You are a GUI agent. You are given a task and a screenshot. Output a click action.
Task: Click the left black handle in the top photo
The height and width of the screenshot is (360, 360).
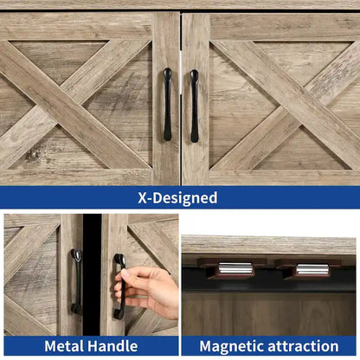pyautogui.click(x=168, y=105)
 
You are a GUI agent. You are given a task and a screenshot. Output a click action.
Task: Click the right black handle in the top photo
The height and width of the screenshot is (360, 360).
pyautogui.click(x=195, y=106)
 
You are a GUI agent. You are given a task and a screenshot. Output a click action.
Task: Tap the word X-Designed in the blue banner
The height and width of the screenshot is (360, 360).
pyautogui.click(x=177, y=198)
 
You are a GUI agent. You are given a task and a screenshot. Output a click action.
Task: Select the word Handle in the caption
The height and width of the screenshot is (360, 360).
pyautogui.click(x=112, y=346)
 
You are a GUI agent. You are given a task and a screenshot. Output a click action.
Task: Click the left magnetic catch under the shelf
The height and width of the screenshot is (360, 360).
pyautogui.click(x=231, y=268)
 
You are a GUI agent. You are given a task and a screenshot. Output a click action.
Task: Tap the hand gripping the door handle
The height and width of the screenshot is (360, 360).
pyautogui.click(x=147, y=292)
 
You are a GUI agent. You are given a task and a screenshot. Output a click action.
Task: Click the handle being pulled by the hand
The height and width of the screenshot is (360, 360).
pyautogui.click(x=119, y=286)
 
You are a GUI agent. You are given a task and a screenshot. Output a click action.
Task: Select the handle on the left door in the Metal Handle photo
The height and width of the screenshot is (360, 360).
pyautogui.click(x=76, y=281)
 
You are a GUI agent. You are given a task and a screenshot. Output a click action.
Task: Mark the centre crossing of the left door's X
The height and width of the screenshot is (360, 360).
pyautogui.click(x=70, y=105)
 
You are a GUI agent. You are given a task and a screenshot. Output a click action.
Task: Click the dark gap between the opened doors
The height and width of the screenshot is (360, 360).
pyautogui.click(x=92, y=274)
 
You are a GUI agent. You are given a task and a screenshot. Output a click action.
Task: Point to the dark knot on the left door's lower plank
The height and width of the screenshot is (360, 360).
pyautogui.click(x=32, y=156)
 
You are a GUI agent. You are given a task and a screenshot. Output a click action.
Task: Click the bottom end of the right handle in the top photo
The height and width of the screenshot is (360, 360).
pyautogui.click(x=195, y=141)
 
